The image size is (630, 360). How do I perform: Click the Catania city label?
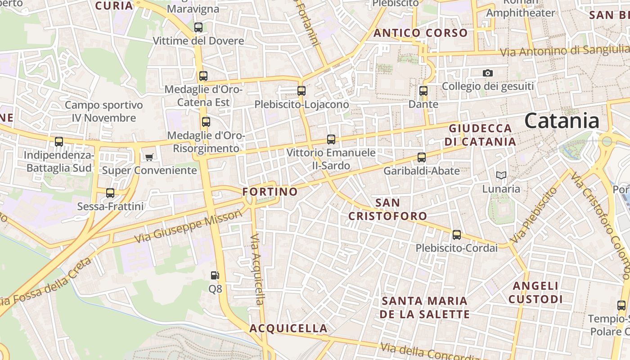point(562,121)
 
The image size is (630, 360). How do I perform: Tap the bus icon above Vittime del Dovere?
point(198,27)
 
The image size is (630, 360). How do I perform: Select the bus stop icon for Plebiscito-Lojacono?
point(301,90)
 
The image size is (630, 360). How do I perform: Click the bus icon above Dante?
point(423,90)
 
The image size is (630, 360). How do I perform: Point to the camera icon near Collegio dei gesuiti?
point(487,73)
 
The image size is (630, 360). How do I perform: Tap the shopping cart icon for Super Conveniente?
point(149,157)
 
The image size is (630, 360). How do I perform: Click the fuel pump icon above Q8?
point(215,275)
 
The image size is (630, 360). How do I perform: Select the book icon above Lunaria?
point(501,175)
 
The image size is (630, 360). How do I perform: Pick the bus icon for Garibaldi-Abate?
point(422,157)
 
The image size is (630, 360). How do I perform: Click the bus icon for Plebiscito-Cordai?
point(457,234)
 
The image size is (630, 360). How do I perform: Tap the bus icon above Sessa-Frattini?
point(110,193)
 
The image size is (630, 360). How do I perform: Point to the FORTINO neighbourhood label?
point(270,192)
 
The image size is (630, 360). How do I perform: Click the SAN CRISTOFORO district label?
point(387,209)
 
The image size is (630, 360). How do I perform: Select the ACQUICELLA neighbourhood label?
point(288,328)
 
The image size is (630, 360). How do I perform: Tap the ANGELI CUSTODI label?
point(535,292)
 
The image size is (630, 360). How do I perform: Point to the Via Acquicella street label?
point(257,270)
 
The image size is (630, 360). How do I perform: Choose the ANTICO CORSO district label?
point(420,33)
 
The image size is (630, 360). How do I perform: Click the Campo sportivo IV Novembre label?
point(104,112)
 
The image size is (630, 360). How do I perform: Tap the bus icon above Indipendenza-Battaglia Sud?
point(59,142)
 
